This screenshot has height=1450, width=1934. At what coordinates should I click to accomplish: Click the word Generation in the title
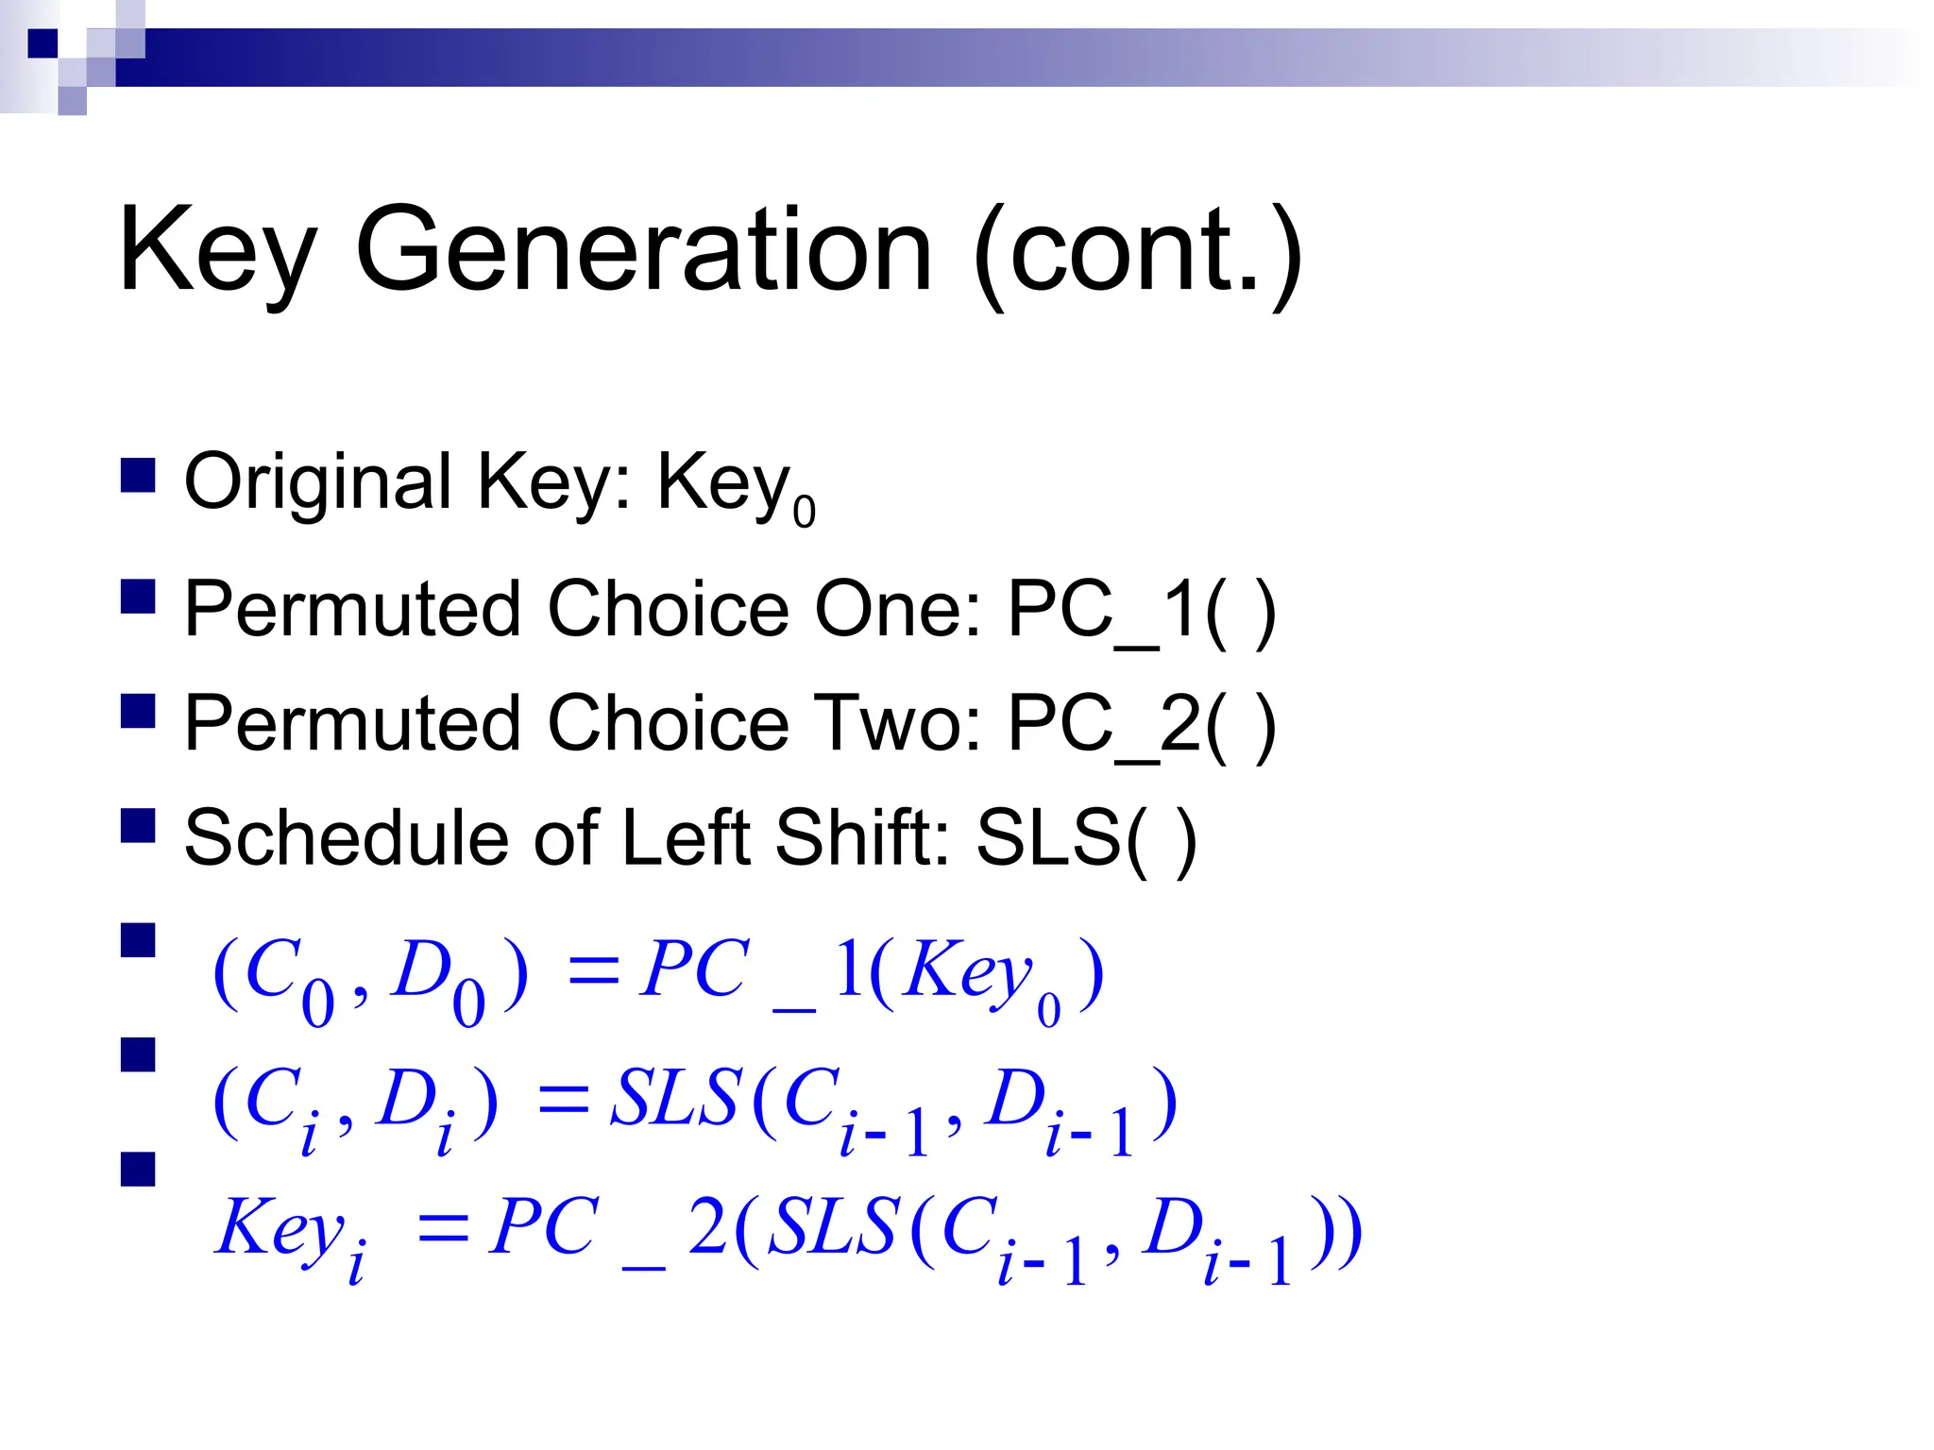644,251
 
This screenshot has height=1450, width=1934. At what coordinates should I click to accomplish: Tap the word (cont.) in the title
1138,253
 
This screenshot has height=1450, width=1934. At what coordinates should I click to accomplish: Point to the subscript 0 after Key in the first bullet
804,513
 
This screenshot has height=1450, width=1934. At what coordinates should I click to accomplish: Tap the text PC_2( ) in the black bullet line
1142,725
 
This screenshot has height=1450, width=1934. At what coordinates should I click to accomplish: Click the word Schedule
345,837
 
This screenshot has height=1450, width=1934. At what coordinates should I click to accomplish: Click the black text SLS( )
1086,839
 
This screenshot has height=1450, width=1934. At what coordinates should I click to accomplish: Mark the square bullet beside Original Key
138,476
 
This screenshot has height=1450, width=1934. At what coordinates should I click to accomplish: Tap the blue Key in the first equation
967,972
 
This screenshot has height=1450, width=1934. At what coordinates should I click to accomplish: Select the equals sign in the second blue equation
564,1101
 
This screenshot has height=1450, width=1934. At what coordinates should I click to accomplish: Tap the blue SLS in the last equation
832,1228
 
